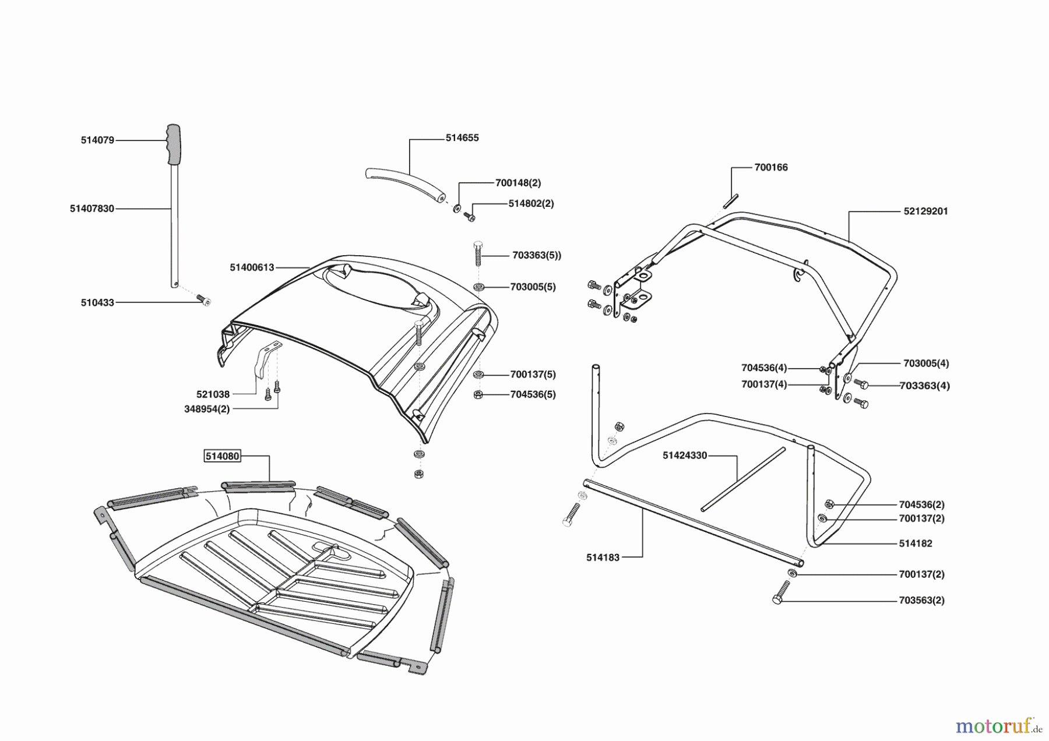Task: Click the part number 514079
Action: click(97, 140)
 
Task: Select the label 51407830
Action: click(92, 209)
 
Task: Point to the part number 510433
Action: click(97, 303)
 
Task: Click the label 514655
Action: click(462, 138)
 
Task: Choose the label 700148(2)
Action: click(518, 183)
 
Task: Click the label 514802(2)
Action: click(531, 204)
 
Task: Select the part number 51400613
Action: click(252, 267)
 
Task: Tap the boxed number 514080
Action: click(222, 456)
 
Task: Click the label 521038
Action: click(213, 394)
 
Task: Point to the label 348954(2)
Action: click(207, 409)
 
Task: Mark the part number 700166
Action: click(771, 168)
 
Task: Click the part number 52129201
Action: click(926, 211)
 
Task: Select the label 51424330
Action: click(685, 456)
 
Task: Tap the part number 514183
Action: click(603, 557)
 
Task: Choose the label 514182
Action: click(916, 544)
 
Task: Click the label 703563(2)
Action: click(922, 600)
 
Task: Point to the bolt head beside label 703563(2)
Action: click(777, 599)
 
